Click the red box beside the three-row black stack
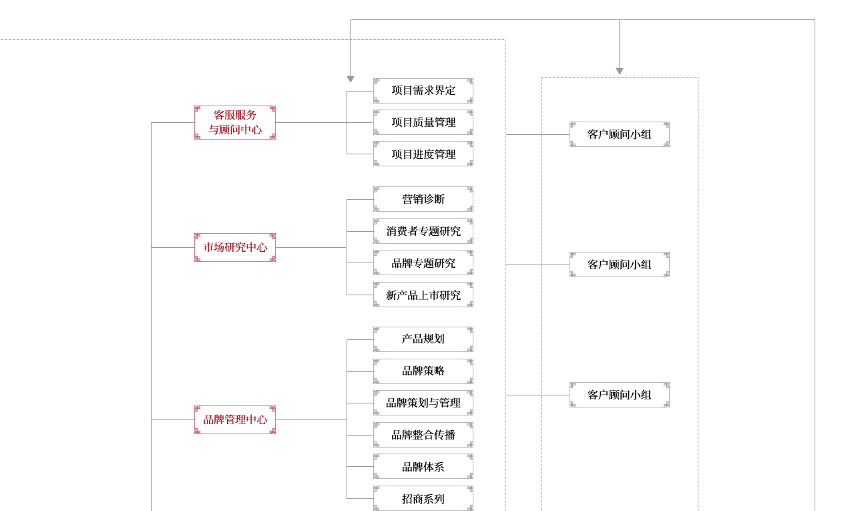coord(235,122)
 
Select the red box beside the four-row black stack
coord(235,247)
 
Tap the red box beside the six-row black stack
coord(235,419)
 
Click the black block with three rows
coord(423,122)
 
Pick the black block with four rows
coord(423,247)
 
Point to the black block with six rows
coord(423,419)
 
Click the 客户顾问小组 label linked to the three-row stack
coord(619,134)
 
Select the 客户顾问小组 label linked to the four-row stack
coord(619,265)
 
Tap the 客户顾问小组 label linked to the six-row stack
coord(619,395)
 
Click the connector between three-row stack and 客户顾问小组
coord(523,134)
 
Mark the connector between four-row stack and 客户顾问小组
coord(523,265)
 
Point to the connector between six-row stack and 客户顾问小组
coord(523,395)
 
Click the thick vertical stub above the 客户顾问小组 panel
coord(620,48)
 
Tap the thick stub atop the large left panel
coord(351,29)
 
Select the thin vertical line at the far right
coord(814,267)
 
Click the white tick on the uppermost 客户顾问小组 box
coord(666,134)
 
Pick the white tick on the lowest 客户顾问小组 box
coord(666,395)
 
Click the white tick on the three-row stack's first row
coord(471,91)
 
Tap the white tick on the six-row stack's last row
coord(471,498)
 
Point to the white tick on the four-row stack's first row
coord(471,199)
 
